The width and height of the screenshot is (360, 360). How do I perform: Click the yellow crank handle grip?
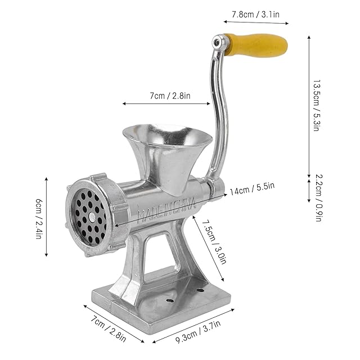(256, 45)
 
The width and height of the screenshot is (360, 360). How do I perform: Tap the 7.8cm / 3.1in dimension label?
(255, 15)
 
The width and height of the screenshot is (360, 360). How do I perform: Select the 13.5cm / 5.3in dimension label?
(317, 105)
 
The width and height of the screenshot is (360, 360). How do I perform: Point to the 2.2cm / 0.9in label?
(319, 198)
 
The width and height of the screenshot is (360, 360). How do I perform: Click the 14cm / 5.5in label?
(252, 188)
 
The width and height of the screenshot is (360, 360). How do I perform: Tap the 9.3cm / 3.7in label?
(198, 331)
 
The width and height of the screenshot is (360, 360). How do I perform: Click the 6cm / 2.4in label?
(39, 219)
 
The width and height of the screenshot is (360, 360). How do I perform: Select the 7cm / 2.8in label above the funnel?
(170, 96)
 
